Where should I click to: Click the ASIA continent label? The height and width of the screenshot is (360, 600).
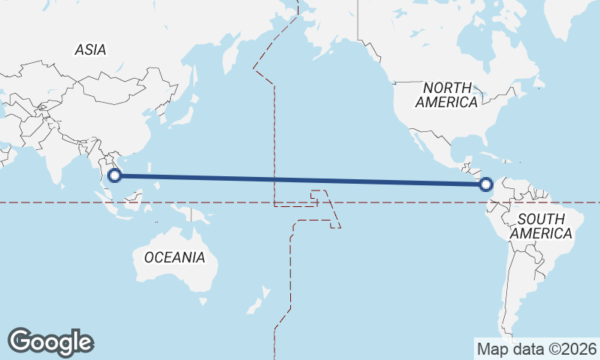[x=90, y=50]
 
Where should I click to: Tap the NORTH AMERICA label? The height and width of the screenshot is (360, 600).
[x=447, y=94]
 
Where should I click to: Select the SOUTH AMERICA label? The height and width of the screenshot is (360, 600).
[x=541, y=226]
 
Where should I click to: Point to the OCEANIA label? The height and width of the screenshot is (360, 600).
[x=174, y=257]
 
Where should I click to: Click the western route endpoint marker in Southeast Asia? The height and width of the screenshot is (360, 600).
[x=115, y=176]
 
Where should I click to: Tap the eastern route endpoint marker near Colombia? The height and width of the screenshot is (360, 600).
[x=486, y=184]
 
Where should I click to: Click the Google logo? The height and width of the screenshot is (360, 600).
[x=50, y=342]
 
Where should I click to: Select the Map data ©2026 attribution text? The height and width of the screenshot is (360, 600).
[x=536, y=349]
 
